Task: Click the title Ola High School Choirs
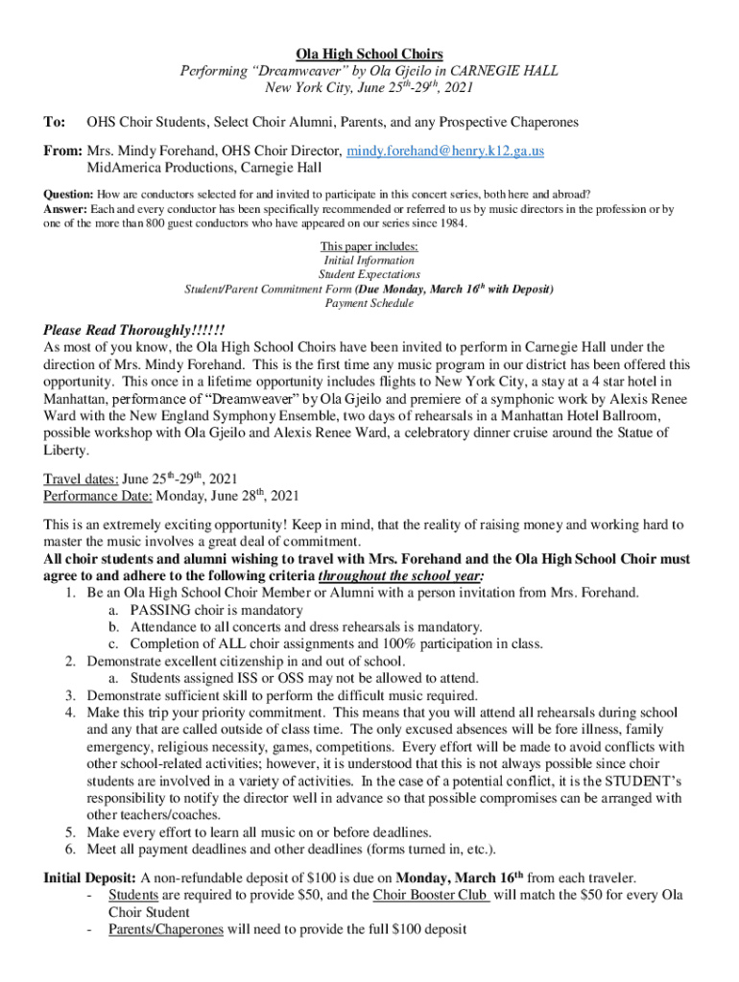[369, 54]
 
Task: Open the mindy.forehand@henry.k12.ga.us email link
[445, 151]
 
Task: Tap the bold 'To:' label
[55, 123]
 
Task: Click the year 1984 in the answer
[451, 223]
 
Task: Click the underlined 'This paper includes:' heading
[369, 245]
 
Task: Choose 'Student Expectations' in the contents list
[369, 274]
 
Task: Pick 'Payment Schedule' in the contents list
[369, 303]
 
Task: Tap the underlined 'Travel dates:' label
[81, 478]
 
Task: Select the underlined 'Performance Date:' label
[98, 495]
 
